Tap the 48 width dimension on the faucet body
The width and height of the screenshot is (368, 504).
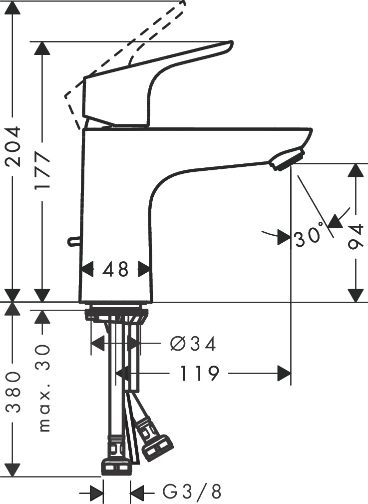(116, 270)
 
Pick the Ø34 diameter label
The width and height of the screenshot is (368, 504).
(193, 344)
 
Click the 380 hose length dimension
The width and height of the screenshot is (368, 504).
(13, 392)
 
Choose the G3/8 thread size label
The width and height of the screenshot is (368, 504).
(192, 493)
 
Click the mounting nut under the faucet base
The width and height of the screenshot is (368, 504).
(116, 315)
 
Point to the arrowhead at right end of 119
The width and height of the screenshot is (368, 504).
(284, 373)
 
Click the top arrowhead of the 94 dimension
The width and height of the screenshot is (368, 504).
(356, 171)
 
